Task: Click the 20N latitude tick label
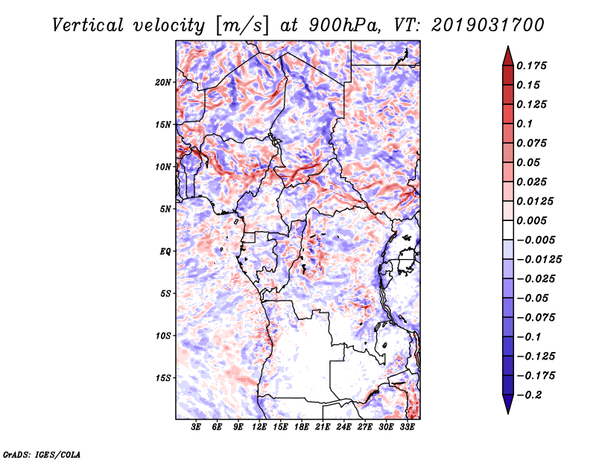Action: coord(163,83)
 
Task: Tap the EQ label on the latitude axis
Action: coord(165,252)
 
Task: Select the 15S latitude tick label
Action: coord(163,378)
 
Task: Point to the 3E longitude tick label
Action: coord(196,427)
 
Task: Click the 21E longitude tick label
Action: coord(323,427)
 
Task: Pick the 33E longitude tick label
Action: coord(407,427)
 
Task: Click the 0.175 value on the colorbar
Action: coord(531,66)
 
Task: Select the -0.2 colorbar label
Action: coord(530,395)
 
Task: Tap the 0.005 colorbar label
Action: coord(531,220)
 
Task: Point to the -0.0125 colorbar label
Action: coord(539,260)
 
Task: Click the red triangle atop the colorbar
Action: coord(508,57)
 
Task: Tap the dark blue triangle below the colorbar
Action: coord(508,404)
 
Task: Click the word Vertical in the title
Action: coord(88,25)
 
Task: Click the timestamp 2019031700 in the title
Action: coord(488,25)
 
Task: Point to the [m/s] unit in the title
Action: coord(242,25)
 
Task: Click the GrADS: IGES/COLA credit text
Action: coord(42,454)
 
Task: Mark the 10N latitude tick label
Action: coord(163,167)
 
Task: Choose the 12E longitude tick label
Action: coord(259,427)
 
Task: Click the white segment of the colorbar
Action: coord(508,230)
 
